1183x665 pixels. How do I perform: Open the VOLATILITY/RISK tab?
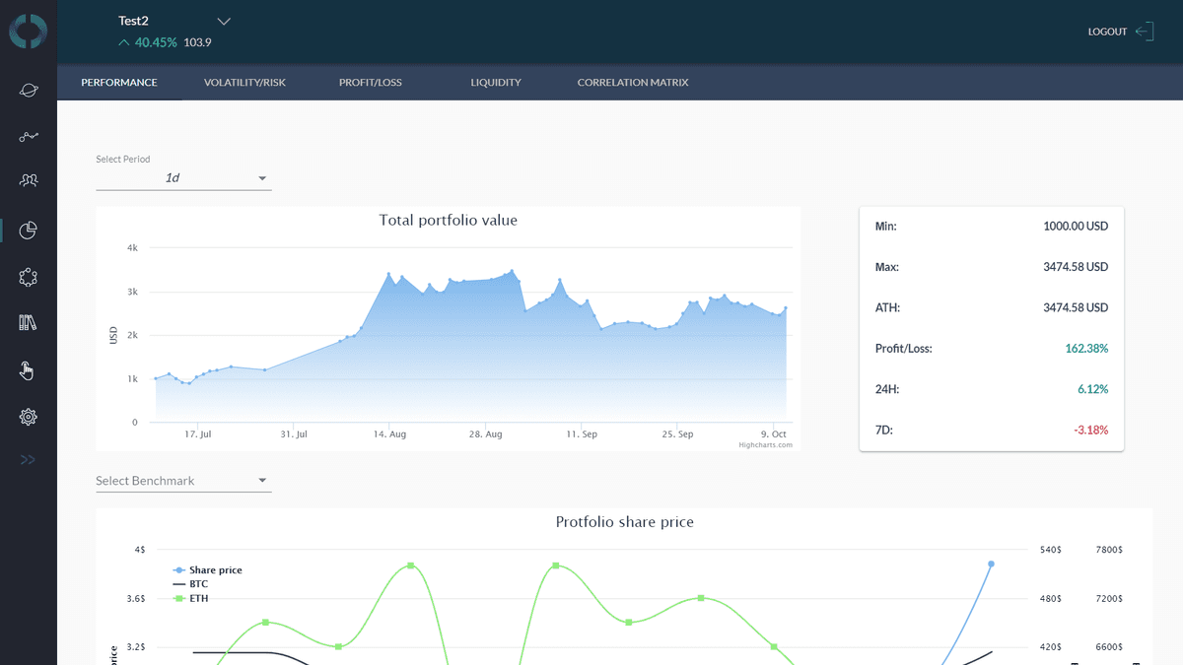tap(244, 83)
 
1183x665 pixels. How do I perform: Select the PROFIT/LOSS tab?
tap(371, 83)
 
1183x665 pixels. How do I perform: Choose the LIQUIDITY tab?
tap(496, 83)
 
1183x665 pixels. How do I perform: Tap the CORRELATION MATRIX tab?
tap(633, 83)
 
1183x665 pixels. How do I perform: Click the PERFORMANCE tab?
tap(119, 83)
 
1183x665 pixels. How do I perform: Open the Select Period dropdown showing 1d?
tap(183, 178)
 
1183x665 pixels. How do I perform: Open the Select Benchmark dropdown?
tap(183, 481)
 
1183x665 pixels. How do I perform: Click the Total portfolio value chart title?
tap(448, 221)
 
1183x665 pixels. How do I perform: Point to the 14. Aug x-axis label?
tap(389, 434)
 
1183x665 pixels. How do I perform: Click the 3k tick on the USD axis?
tap(132, 293)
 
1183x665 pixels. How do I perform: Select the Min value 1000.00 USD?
tap(1076, 227)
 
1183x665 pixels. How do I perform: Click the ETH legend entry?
tap(198, 598)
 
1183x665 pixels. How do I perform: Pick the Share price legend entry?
tap(215, 570)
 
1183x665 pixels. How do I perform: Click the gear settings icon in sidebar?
tap(29, 418)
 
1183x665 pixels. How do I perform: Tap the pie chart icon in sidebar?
tap(29, 231)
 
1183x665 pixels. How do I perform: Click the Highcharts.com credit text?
tap(765, 445)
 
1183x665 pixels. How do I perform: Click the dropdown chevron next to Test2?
tap(224, 21)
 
